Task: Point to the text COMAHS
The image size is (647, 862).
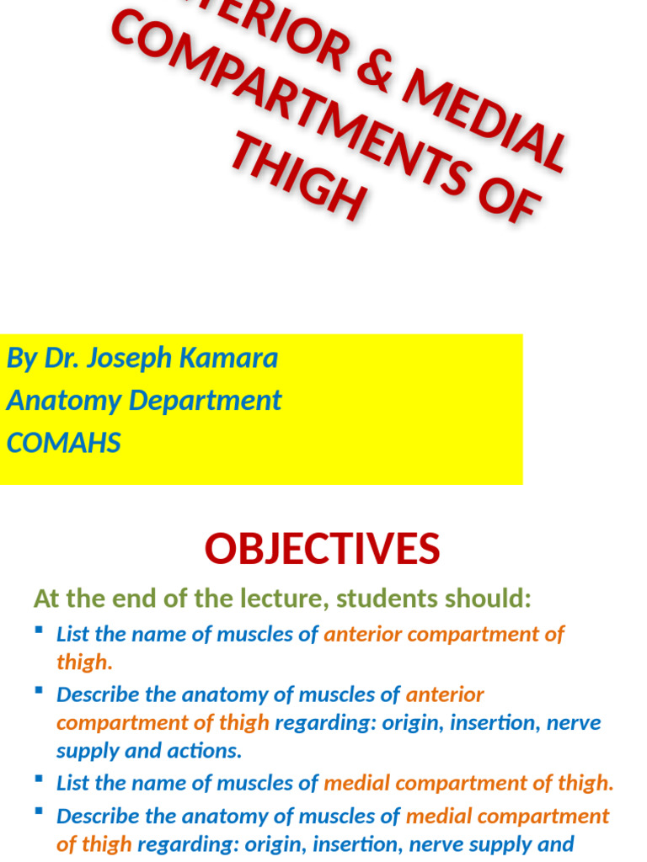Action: click(x=64, y=443)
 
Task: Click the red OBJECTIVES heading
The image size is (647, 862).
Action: click(x=323, y=549)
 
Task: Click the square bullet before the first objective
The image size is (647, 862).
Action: click(x=39, y=630)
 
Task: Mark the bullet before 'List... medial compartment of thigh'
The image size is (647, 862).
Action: click(x=39, y=779)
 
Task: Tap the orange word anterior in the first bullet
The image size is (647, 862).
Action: click(x=363, y=634)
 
